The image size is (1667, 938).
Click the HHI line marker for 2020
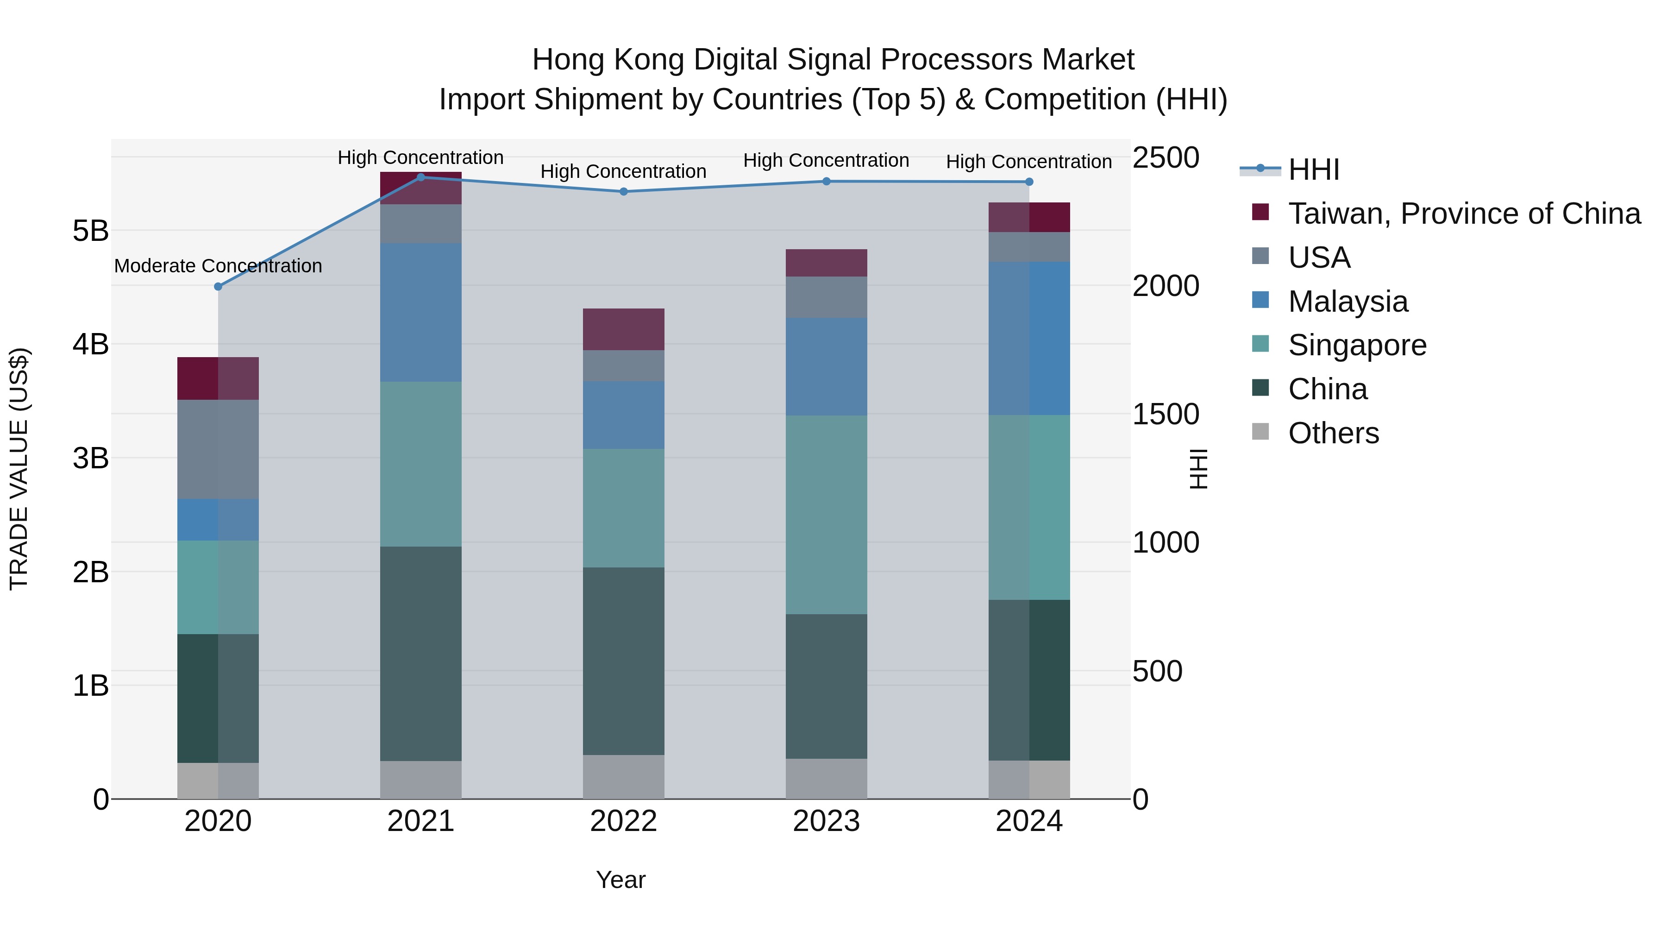click(x=218, y=286)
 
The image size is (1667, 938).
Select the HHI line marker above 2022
click(x=623, y=192)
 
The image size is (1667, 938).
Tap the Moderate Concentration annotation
click(x=218, y=266)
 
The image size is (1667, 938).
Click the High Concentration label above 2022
click(x=623, y=171)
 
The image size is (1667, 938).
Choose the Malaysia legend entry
click(x=1347, y=302)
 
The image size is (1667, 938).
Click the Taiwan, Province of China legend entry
click(x=1464, y=214)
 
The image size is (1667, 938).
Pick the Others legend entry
click(x=1333, y=433)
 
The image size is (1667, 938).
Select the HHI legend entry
click(x=1314, y=170)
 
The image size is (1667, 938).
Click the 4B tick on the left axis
click(x=91, y=344)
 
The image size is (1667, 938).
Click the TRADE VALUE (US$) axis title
click(x=19, y=469)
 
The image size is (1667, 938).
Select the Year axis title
click(x=620, y=880)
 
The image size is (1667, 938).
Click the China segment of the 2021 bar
click(x=420, y=654)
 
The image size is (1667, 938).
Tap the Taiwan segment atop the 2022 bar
click(x=623, y=329)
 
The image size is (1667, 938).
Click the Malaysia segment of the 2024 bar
click(x=1029, y=339)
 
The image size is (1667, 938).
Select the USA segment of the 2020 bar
click(x=218, y=449)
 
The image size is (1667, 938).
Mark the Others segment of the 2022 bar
click(x=623, y=777)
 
